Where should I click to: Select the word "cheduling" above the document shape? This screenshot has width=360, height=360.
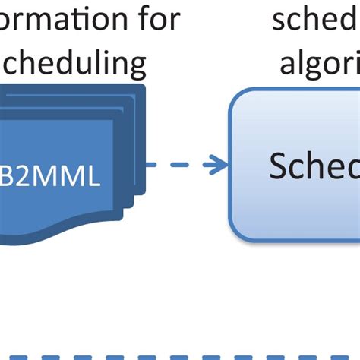73,65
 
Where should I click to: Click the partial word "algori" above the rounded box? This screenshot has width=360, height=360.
319,65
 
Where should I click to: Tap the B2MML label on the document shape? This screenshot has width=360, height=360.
50,178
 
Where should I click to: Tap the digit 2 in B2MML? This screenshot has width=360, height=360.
23,178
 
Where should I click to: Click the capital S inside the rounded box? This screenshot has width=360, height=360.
280,166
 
